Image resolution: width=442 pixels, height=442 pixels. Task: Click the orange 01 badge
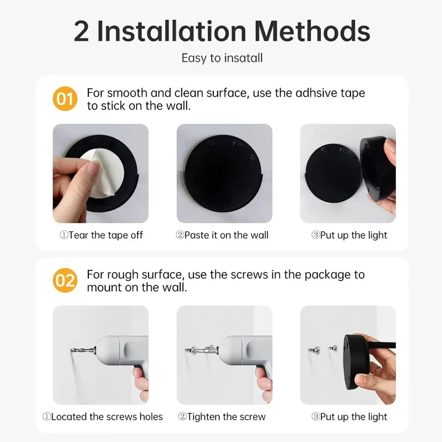pyautogui.click(x=65, y=99)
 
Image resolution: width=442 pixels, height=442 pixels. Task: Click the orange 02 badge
pyautogui.click(x=65, y=281)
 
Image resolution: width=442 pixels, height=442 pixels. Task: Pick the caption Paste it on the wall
pyautogui.click(x=222, y=235)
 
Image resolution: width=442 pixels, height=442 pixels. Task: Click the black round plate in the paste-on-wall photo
pyautogui.click(x=224, y=174)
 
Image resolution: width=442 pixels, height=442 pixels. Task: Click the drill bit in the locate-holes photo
pyautogui.click(x=82, y=349)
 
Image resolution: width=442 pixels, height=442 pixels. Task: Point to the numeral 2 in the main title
pyautogui.click(x=82, y=31)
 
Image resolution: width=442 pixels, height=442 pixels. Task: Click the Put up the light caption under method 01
pyautogui.click(x=349, y=235)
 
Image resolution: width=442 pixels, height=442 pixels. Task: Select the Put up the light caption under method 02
pyautogui.click(x=349, y=417)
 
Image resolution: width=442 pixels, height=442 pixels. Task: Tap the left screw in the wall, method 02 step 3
pyautogui.click(x=313, y=349)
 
